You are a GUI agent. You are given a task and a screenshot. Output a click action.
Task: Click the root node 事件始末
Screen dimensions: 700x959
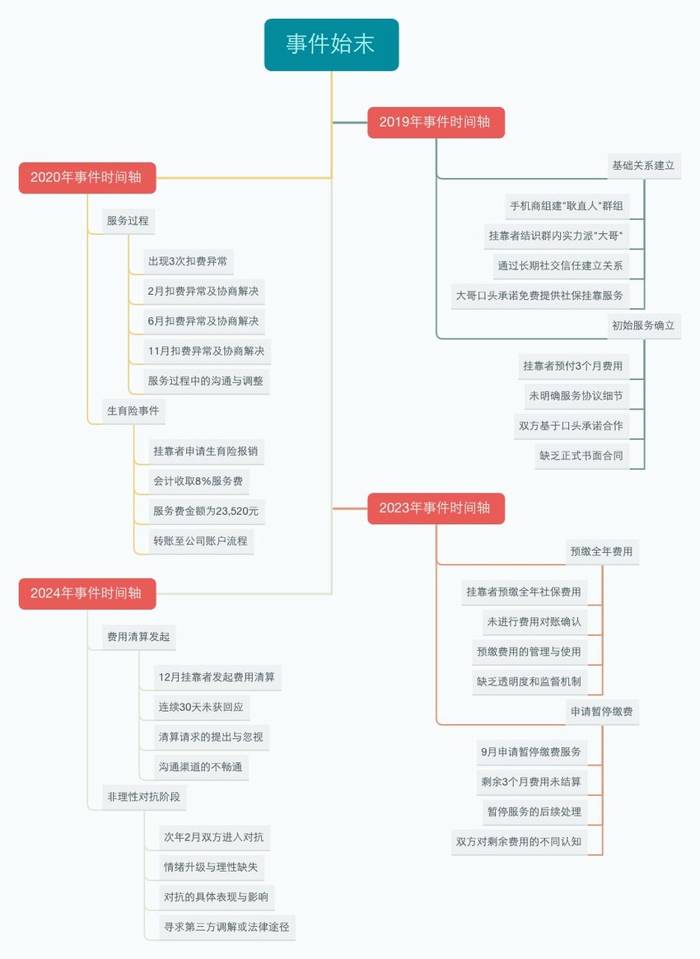coord(331,44)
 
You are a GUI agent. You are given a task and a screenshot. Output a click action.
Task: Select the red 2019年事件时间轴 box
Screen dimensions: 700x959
coord(436,122)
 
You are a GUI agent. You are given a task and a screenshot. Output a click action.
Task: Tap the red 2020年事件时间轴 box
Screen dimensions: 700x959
coord(87,178)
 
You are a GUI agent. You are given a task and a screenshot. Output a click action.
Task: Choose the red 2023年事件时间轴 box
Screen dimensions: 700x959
coord(436,508)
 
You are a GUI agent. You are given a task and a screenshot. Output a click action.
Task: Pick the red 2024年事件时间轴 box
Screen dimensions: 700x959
coord(87,594)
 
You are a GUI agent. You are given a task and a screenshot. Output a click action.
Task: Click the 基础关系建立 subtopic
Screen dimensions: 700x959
coord(644,166)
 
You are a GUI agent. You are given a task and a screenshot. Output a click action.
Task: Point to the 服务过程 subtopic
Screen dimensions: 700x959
coord(128,221)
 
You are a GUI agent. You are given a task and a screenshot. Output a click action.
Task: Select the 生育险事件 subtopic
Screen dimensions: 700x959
coord(133,411)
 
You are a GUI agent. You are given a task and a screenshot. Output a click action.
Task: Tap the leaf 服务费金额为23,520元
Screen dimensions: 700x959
coord(206,512)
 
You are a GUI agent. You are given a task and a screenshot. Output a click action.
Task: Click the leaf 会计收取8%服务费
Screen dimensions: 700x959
coord(198,481)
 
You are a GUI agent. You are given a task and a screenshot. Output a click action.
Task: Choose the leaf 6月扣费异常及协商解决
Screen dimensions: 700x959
coord(203,321)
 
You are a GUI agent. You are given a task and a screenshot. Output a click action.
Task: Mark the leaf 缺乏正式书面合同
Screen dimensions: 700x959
coord(581,456)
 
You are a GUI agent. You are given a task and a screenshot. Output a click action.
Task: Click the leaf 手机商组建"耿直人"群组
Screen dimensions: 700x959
coord(567,206)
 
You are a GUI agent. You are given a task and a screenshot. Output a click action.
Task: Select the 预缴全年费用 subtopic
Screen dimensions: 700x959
coord(601,552)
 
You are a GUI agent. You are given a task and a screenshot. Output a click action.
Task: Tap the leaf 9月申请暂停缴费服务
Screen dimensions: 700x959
coord(531,752)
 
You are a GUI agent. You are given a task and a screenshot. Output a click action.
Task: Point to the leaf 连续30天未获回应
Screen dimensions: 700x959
coord(201,708)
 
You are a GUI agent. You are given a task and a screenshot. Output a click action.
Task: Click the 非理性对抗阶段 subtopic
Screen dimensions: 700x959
coord(143,797)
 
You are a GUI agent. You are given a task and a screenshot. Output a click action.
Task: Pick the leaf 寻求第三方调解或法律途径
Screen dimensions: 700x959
coord(226,927)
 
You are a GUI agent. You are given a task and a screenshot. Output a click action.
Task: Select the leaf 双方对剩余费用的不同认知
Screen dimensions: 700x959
coord(519,842)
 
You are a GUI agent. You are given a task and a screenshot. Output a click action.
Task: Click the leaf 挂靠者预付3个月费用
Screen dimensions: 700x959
coord(573,367)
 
